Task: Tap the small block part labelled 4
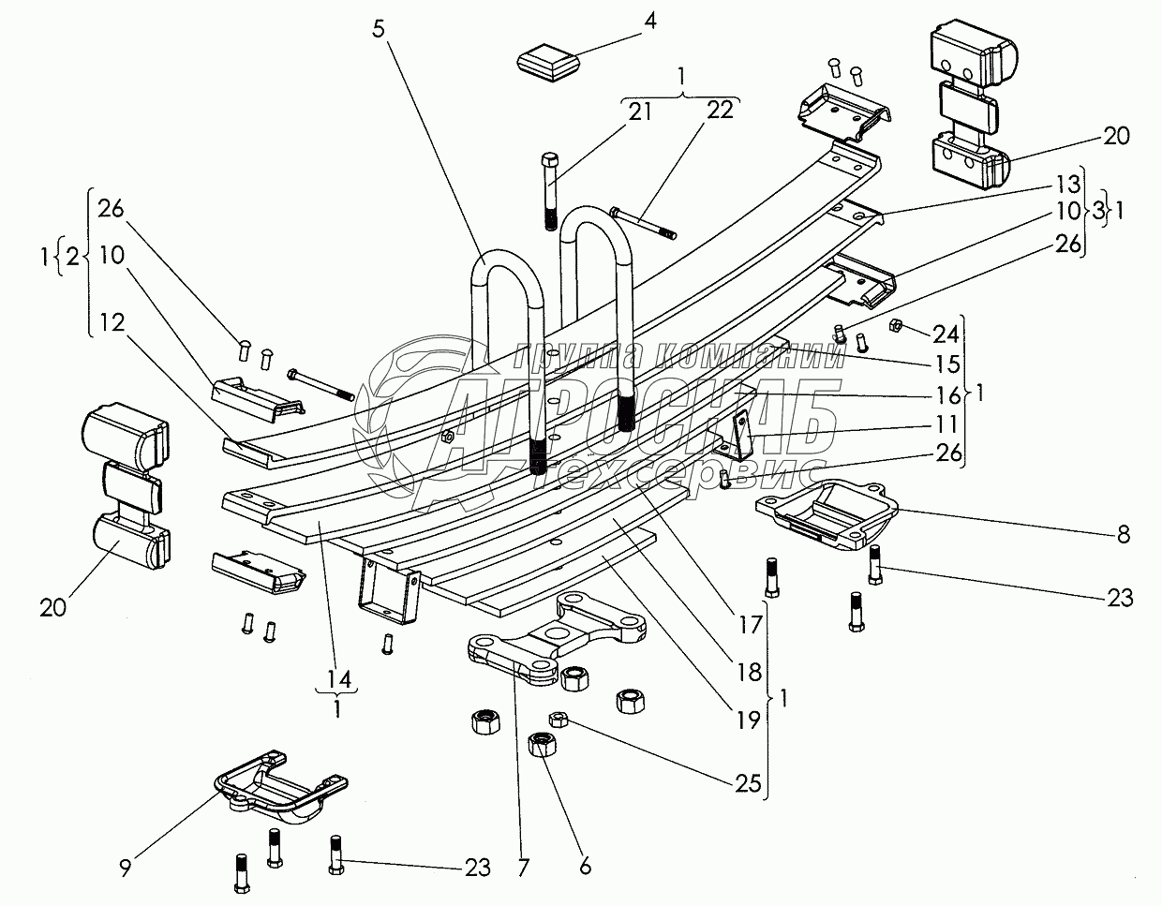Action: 548,66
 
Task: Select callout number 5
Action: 378,27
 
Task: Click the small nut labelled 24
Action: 894,325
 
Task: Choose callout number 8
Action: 1123,536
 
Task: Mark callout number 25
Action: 747,783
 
